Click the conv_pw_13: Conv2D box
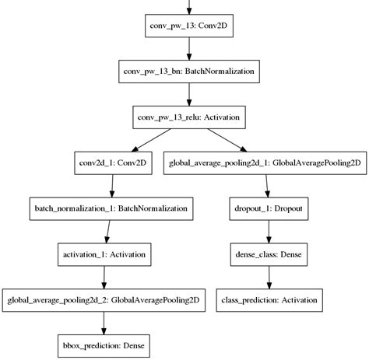(189, 27)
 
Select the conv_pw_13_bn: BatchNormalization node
(189, 72)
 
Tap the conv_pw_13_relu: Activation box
(189, 117)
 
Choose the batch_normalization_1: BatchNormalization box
(106, 208)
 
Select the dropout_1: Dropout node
(268, 208)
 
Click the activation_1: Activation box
(106, 253)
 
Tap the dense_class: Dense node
(268, 253)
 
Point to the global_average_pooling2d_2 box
(106, 299)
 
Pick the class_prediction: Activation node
(268, 299)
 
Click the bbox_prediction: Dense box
(106, 344)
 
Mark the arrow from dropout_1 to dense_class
(268, 231)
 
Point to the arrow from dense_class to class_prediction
(268, 276)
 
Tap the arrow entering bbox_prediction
(106, 321)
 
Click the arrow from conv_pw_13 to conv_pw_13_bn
(189, 50)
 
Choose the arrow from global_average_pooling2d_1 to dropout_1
(268, 185)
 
